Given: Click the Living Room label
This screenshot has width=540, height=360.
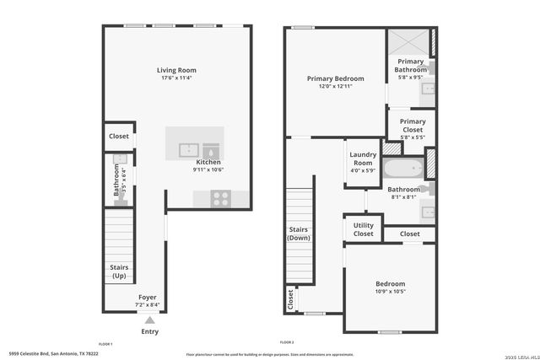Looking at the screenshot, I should coord(176,70).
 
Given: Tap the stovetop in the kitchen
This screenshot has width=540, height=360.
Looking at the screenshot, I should coord(221,199).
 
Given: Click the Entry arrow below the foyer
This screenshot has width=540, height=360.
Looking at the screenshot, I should coord(149,320).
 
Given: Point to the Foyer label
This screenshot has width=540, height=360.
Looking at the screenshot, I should coord(148,298).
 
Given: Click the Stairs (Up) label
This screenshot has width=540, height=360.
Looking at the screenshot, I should coord(119,271).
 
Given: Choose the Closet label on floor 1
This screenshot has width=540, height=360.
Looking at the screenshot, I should coord(119,136).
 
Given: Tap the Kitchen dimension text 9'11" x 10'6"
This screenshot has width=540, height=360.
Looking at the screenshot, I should coord(208,169).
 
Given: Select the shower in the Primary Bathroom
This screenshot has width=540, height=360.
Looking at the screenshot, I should coord(408,42).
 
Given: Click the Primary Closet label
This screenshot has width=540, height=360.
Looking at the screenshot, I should coord(413,126).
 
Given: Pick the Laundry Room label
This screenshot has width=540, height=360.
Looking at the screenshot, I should coord(363,158).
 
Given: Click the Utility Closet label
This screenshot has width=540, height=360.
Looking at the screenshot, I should coord(363,229).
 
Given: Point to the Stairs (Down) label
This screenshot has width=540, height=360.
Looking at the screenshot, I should coord(299,233).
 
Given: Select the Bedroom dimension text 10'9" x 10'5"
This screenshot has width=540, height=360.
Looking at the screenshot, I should coord(390,292).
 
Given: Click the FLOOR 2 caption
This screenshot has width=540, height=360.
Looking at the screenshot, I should coord(286,342).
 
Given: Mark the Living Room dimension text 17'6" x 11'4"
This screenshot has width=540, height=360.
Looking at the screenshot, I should coord(176,78).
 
